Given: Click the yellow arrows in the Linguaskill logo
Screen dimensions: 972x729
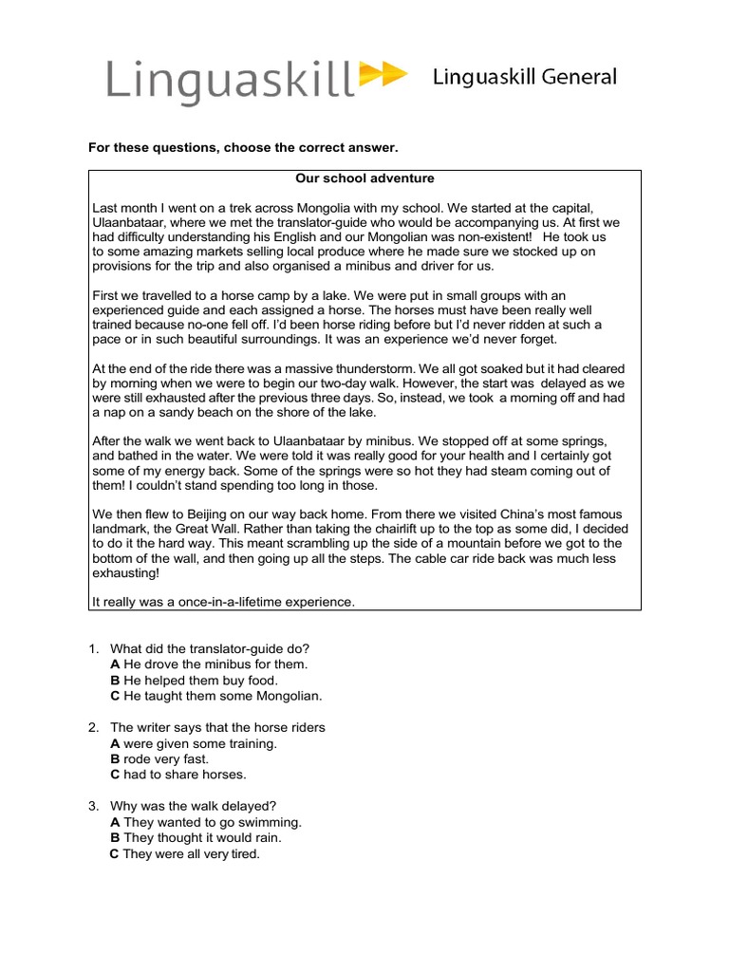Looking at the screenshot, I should pyautogui.click(x=383, y=75).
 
